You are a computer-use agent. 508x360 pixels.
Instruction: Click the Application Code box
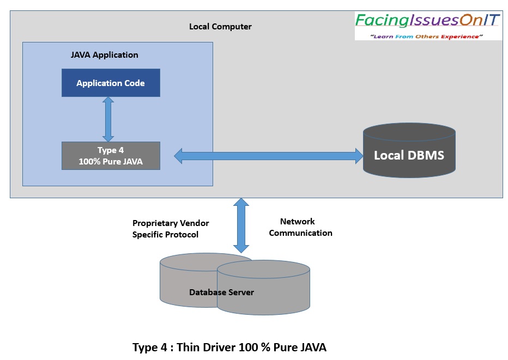pos(111,83)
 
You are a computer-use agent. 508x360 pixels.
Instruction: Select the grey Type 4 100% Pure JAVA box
pos(111,156)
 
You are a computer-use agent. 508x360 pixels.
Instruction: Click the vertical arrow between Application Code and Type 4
pos(108,119)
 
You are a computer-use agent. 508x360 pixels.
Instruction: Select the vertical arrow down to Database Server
pos(241,225)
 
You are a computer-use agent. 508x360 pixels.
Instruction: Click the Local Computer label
pos(220,27)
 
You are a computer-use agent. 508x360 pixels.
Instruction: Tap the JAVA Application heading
pos(105,55)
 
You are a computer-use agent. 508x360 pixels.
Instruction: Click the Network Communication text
pos(300,227)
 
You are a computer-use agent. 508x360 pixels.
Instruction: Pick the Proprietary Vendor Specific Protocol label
pos(171,229)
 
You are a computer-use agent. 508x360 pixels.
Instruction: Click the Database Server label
pos(221,292)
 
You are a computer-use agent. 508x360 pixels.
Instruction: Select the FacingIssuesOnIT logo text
pos(427,21)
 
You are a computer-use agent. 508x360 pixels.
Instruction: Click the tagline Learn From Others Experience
pos(427,36)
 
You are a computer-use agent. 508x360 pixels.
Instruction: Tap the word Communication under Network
pos(300,233)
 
